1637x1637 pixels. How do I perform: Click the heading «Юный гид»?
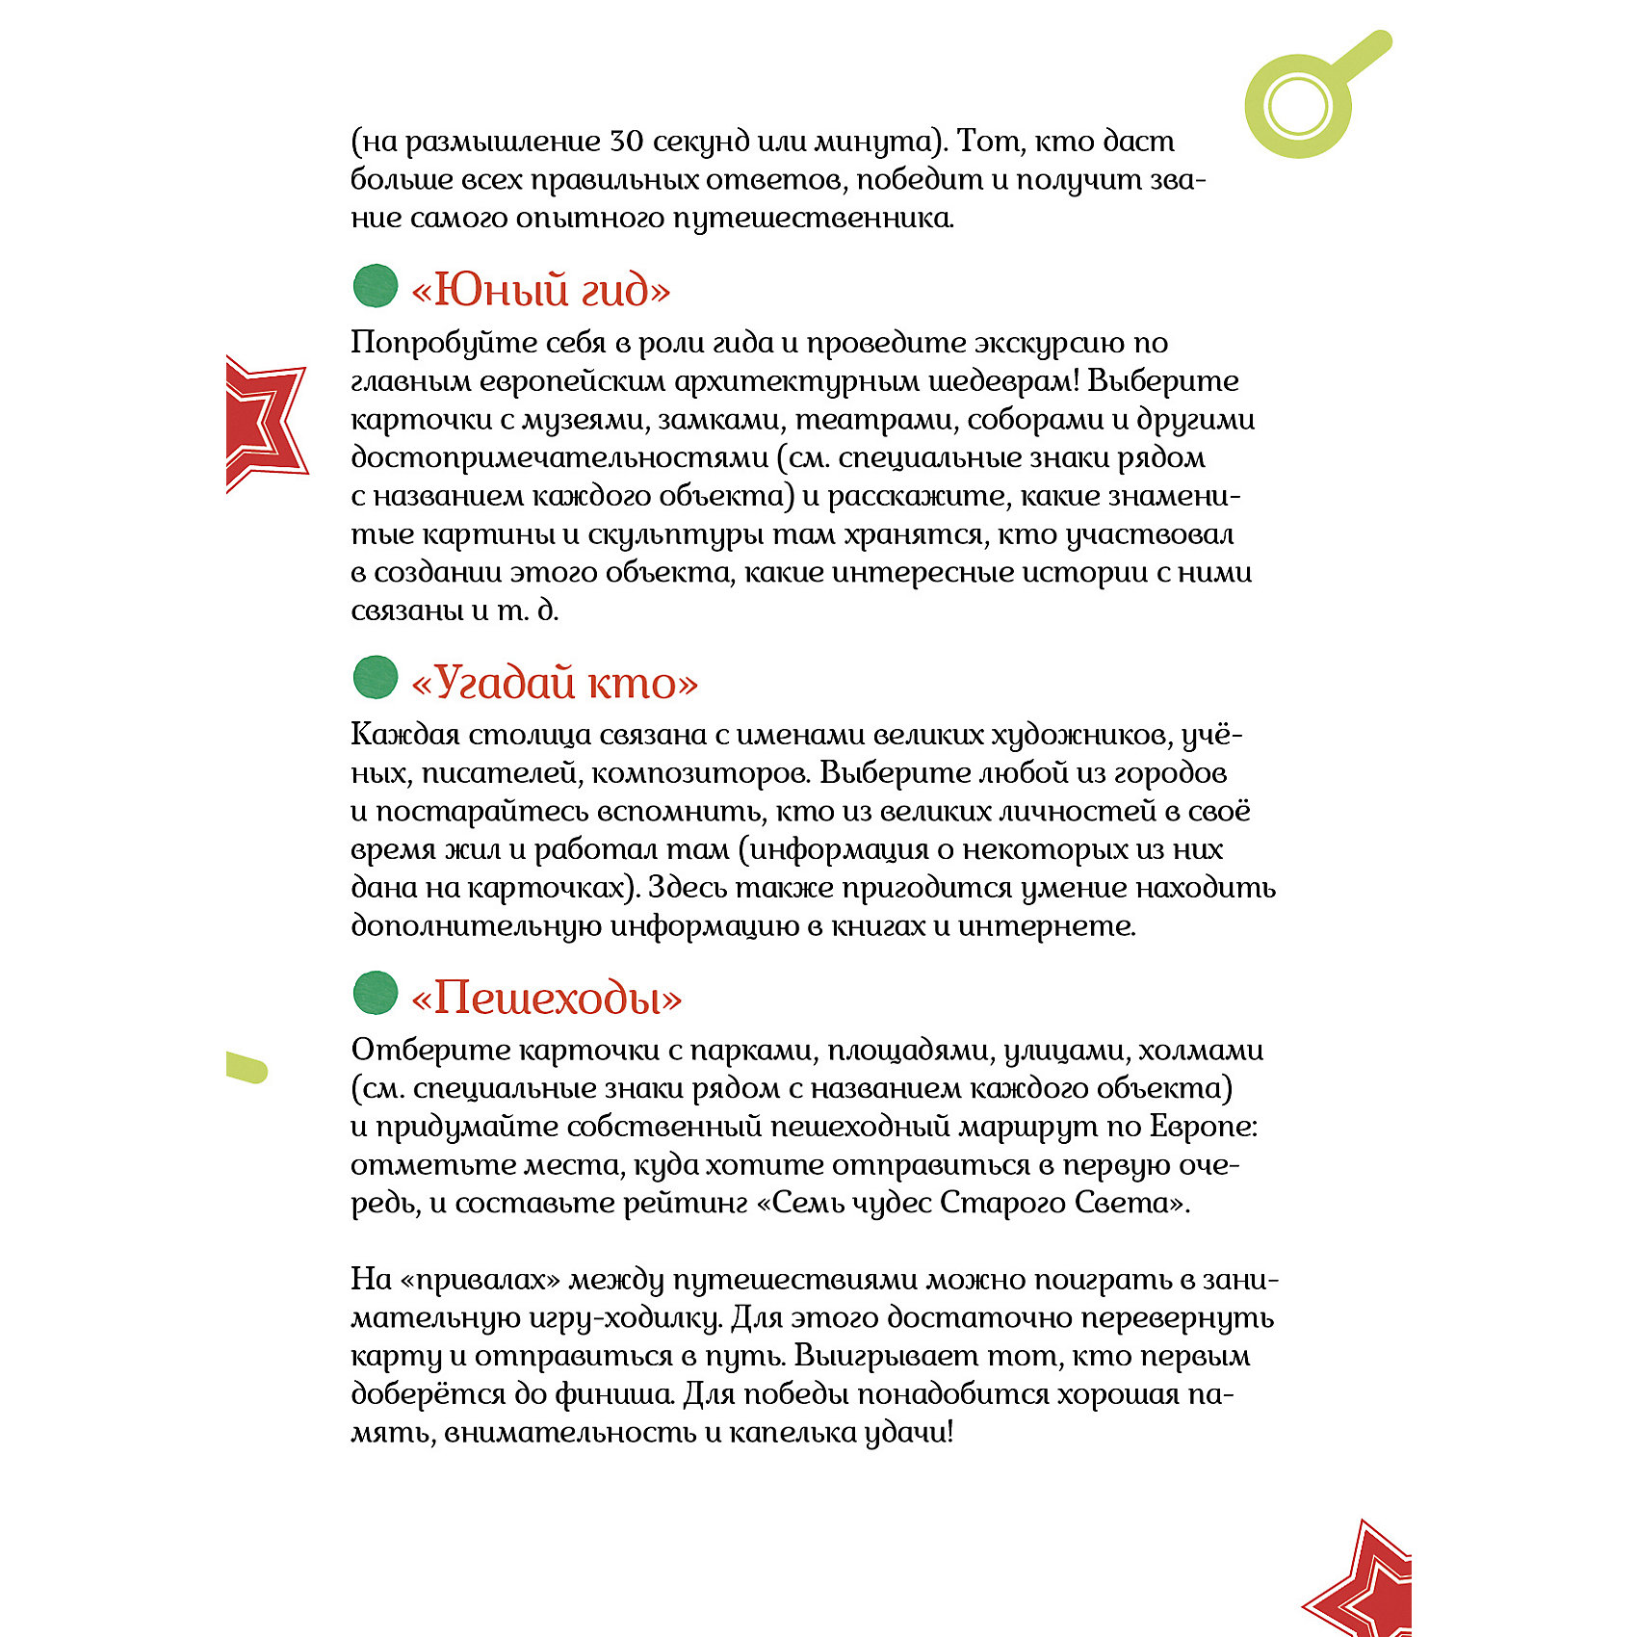click(540, 290)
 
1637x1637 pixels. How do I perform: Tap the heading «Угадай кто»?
click(554, 683)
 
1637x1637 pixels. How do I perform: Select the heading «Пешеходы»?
click(546, 998)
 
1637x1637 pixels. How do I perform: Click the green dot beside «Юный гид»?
click(376, 286)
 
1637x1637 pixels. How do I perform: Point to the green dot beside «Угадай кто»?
click(376, 677)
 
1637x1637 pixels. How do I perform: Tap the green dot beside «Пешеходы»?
click(376, 993)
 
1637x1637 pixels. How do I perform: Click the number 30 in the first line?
click(627, 142)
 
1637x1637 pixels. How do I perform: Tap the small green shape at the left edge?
click(246, 1067)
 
